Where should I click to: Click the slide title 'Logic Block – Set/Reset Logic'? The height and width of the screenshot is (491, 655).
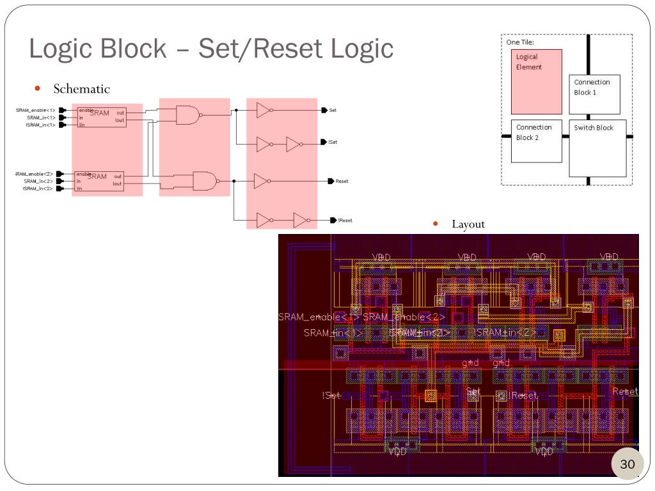pyautogui.click(x=211, y=49)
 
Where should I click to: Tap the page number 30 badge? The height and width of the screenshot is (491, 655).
pyautogui.click(x=627, y=464)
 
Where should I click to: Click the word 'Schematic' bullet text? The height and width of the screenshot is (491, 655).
pyautogui.click(x=81, y=89)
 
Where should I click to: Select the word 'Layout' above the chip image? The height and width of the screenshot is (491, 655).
pyautogui.click(x=468, y=224)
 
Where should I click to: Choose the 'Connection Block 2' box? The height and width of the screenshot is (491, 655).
pyautogui.click(x=536, y=140)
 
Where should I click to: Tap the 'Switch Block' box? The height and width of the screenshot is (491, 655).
pyautogui.click(x=597, y=148)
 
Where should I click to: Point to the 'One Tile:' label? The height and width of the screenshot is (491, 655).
pyautogui.click(x=520, y=42)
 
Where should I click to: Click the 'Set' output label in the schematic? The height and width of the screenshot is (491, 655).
pyautogui.click(x=333, y=110)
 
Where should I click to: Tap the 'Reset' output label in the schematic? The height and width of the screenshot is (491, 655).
pyautogui.click(x=342, y=181)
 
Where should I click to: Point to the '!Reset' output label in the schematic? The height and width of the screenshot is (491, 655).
pyautogui.click(x=345, y=220)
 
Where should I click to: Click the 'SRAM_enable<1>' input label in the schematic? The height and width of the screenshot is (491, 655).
pyautogui.click(x=36, y=110)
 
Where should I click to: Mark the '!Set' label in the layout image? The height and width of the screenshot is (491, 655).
pyautogui.click(x=331, y=396)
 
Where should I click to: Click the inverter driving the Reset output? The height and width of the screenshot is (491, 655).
pyautogui.click(x=261, y=181)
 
